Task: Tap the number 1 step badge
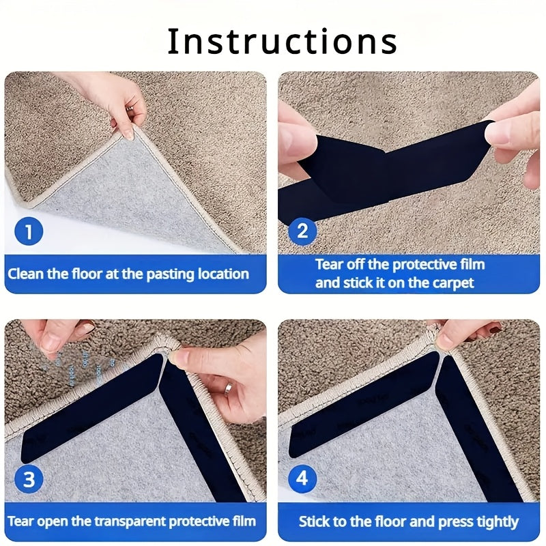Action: pos(29,231)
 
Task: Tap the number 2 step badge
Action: pos(302,231)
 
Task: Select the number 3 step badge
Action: pos(29,479)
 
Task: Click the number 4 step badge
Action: pos(302,479)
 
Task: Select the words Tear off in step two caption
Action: pos(341,265)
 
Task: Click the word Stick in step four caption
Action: pos(315,522)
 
